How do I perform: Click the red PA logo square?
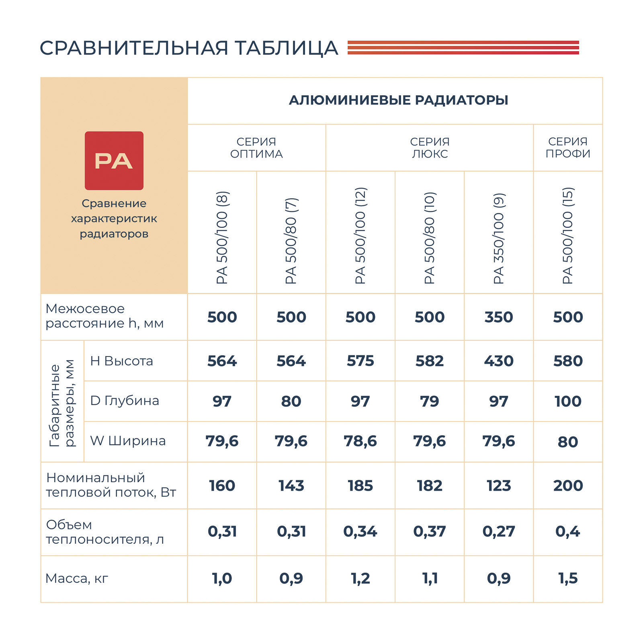click(114, 160)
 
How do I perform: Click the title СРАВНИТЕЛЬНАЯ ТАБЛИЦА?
click(188, 48)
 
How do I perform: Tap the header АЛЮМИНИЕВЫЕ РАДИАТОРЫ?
click(398, 100)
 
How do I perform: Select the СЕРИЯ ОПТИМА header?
click(256, 147)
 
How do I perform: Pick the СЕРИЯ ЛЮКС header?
click(430, 147)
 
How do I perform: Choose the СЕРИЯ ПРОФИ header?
click(568, 147)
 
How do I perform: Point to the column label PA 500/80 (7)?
click(291, 241)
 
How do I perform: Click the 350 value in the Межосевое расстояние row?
click(499, 317)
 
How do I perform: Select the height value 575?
click(360, 361)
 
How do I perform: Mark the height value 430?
click(499, 361)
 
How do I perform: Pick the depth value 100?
click(568, 401)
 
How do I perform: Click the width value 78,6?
click(360, 441)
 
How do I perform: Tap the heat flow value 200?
click(568, 485)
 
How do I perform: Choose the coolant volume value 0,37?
click(430, 532)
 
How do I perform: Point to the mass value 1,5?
click(568, 578)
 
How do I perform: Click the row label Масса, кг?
click(77, 578)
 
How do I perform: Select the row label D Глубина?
click(125, 401)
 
